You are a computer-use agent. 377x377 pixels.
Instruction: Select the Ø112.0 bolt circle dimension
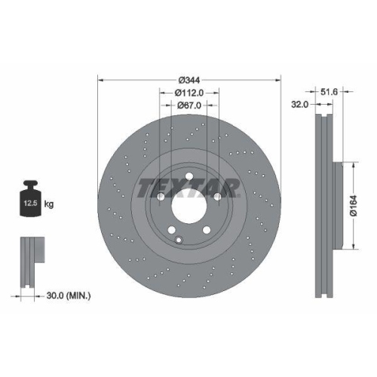tap(188, 93)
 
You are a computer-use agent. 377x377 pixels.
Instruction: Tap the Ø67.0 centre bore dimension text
tap(188, 106)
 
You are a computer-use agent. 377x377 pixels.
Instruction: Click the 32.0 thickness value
tap(299, 106)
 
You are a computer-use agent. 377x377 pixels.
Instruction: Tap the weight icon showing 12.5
tap(31, 201)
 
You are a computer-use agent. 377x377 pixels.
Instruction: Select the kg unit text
tap(50, 204)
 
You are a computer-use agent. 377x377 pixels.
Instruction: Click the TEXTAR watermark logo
tap(188, 186)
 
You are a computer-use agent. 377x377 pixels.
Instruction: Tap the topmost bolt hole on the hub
tap(188, 175)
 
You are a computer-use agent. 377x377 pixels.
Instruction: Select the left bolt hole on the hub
tap(161, 195)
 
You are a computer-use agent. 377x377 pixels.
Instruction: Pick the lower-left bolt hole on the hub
tap(172, 230)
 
